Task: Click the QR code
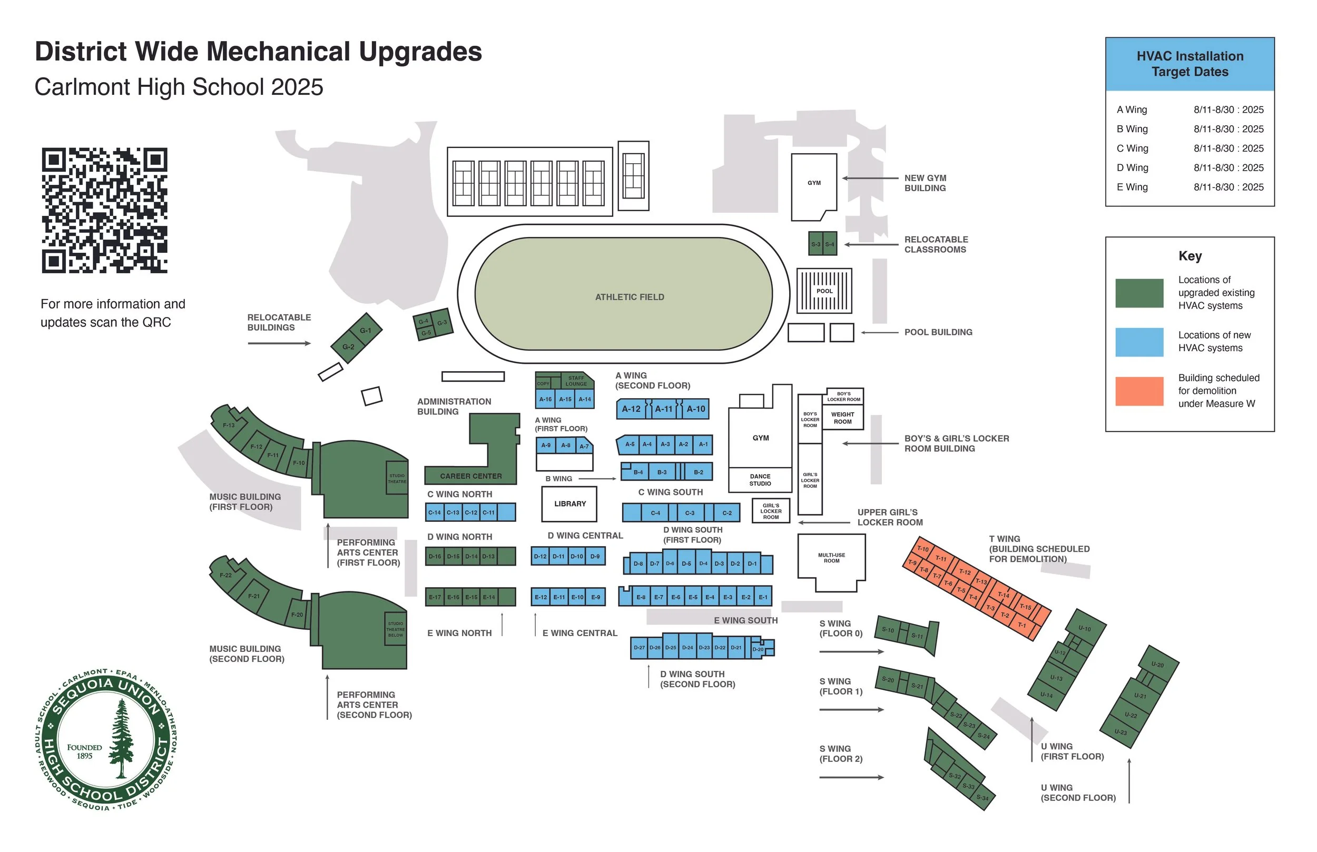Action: tap(105, 210)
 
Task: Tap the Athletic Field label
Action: tap(629, 297)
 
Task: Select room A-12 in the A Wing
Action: tap(631, 409)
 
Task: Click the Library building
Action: tap(569, 504)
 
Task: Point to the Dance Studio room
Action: tap(760, 480)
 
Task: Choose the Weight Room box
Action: tap(842, 418)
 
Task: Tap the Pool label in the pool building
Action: tap(824, 291)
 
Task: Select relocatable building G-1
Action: tap(365, 330)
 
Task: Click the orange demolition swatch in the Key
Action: tap(1139, 391)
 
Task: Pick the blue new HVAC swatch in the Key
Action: tap(1139, 342)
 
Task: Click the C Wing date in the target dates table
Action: tap(1228, 148)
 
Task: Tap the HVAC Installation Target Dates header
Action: tap(1190, 64)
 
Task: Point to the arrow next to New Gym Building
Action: tap(870, 178)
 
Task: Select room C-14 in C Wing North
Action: tap(435, 513)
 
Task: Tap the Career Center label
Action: tap(470, 476)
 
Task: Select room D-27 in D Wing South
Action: tap(639, 647)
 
